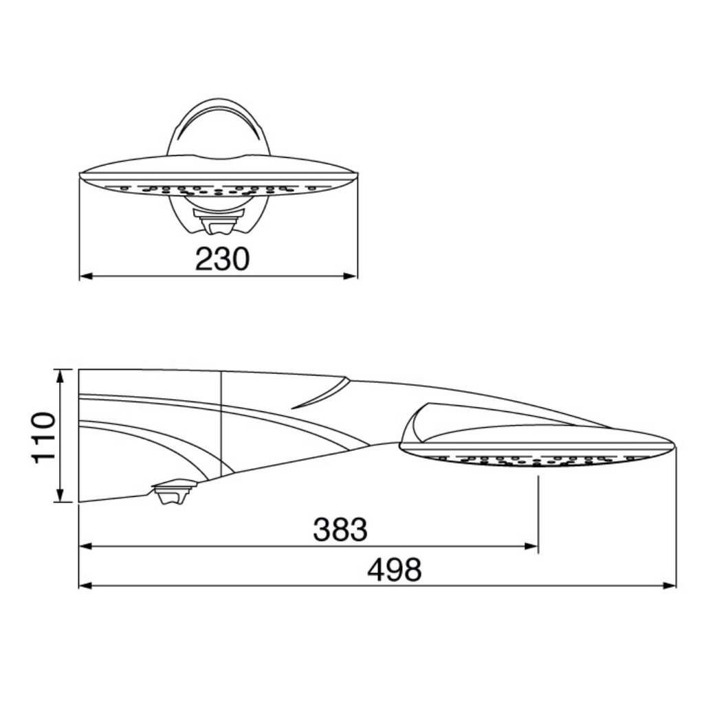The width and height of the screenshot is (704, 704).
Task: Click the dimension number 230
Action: tap(222, 259)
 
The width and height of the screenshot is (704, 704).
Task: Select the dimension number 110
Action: tap(44, 436)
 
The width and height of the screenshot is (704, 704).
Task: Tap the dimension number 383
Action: tap(340, 529)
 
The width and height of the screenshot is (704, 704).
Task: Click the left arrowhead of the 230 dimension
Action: tap(86, 276)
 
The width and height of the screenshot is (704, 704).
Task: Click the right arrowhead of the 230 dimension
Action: tap(351, 276)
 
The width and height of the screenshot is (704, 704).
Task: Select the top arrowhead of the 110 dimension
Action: tap(62, 376)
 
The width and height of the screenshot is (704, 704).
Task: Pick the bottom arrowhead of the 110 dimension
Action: tap(62, 495)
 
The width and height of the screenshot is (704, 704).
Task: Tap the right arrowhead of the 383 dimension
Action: tap(531, 546)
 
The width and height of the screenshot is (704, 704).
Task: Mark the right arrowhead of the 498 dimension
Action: tap(669, 586)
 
